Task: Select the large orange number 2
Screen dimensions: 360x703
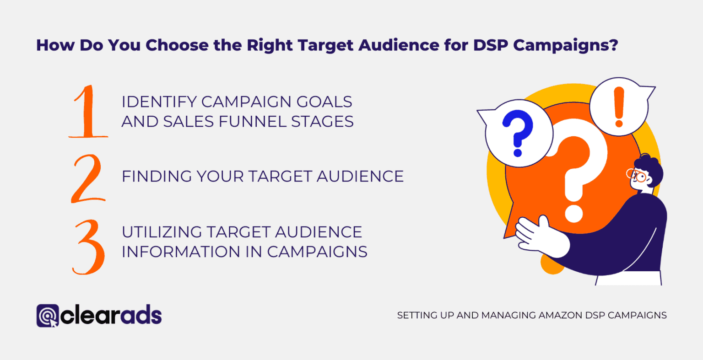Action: click(x=88, y=179)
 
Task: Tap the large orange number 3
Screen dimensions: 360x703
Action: click(x=88, y=247)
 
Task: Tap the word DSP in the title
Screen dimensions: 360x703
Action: click(x=491, y=46)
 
